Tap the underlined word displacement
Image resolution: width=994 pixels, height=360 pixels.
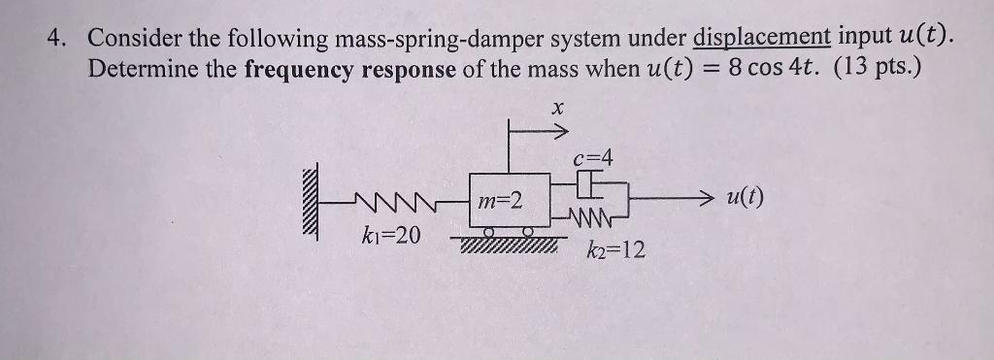coord(762,40)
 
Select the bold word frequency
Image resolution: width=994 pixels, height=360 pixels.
coord(301,71)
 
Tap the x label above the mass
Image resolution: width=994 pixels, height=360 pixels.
coord(557,110)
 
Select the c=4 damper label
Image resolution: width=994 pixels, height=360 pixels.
coord(594,156)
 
